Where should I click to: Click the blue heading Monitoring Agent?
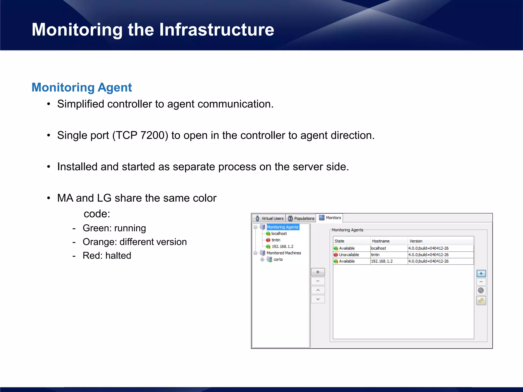point(82,88)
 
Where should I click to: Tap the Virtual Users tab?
point(269,218)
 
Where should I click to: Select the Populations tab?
point(301,218)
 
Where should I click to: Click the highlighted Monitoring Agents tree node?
point(282,227)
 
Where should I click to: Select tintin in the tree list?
point(276,240)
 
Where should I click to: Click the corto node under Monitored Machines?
point(278,260)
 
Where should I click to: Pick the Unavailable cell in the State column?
point(349,255)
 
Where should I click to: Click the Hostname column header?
point(381,241)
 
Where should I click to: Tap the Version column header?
point(416,241)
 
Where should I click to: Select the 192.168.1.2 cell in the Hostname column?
point(382,261)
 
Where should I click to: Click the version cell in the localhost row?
point(428,248)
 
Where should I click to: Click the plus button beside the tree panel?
point(318,272)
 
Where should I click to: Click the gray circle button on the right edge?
point(481,290)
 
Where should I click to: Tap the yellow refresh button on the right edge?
point(481,301)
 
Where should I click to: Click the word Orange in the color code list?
point(99,242)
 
